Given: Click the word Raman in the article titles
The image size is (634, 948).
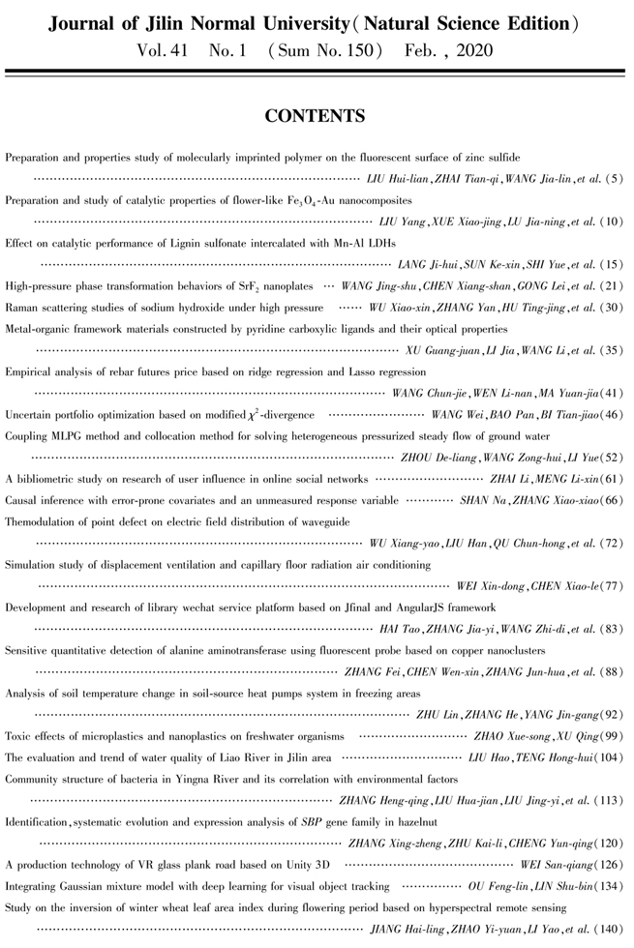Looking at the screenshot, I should [x=22, y=307].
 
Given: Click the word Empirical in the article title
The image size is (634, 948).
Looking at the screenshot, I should [x=29, y=371].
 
